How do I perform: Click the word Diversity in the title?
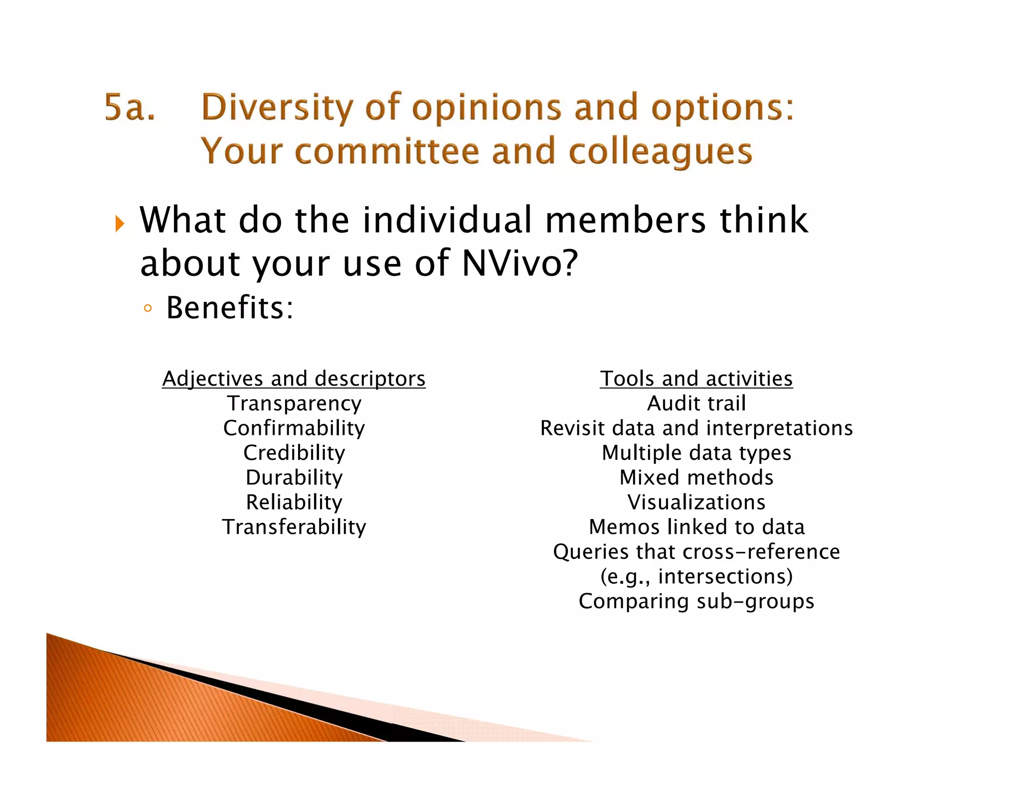pos(277,108)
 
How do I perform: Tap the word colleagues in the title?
pos(660,151)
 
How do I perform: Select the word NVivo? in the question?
pos(519,263)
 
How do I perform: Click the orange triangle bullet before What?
pos(119,224)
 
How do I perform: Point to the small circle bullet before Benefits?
pos(147,308)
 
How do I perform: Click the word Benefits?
pos(230,307)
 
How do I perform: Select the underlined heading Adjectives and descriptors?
pos(294,379)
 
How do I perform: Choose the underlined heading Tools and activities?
pos(696,379)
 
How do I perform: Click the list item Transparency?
pos(294,403)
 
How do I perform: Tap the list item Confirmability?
pos(294,428)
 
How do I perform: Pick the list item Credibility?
pos(294,453)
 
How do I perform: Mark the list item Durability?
pos(294,478)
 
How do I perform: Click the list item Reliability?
pos(294,502)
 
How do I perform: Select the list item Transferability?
pos(294,527)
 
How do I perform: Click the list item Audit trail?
pos(696,403)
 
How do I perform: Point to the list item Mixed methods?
pos(696,478)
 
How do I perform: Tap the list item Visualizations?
pos(696,502)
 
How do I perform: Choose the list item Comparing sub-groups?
pos(696,601)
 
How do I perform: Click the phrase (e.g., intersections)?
pos(696,576)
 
